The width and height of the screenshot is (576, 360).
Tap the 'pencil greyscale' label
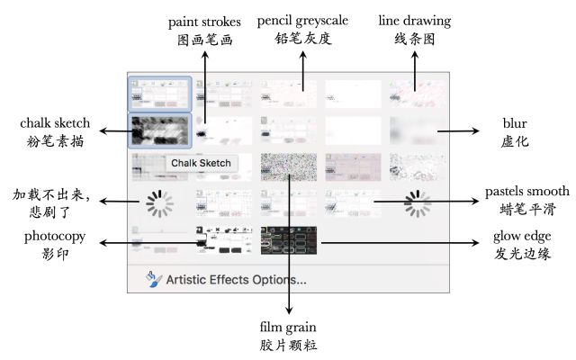pyautogui.click(x=302, y=20)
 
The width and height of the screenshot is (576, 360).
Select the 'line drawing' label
pyautogui.click(x=415, y=20)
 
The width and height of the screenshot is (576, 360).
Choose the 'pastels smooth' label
pyautogui.click(x=526, y=191)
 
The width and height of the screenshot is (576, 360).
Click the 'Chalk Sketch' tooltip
pyautogui.click(x=202, y=163)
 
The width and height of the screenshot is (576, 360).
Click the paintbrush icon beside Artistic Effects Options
pyautogui.click(x=155, y=279)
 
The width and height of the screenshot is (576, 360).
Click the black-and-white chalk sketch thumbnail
pyautogui.click(x=159, y=132)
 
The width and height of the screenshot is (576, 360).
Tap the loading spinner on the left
pyautogui.click(x=159, y=204)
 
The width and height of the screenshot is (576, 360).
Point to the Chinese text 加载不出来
pyautogui.click(x=53, y=193)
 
